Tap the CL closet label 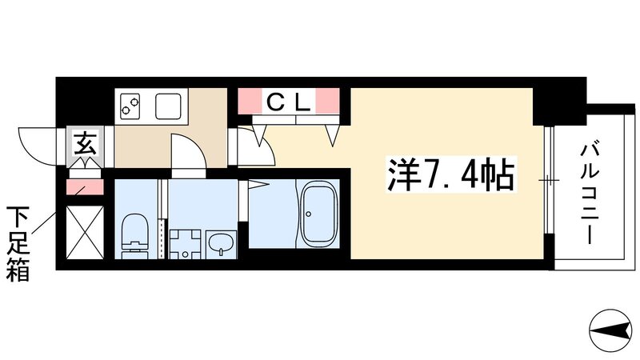click(x=286, y=102)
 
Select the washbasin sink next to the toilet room click(x=220, y=242)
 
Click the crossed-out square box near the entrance click(x=84, y=232)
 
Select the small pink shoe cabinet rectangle click(x=83, y=188)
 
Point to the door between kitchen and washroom click(x=190, y=153)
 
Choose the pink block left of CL click(x=249, y=101)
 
